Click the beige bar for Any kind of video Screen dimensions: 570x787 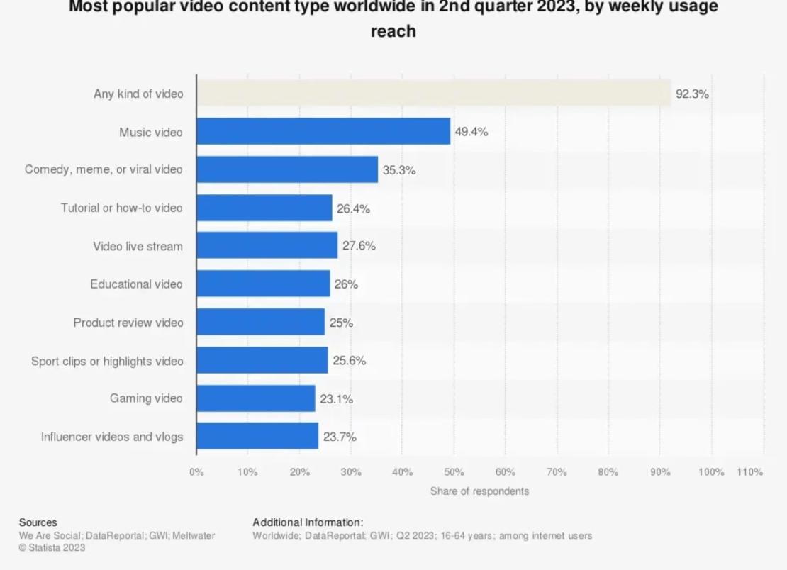[x=433, y=94]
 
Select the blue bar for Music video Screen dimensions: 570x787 [x=323, y=132]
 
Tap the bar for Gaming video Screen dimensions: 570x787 [x=256, y=398]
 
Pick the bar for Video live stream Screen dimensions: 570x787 [x=267, y=246]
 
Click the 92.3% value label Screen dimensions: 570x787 [x=691, y=94]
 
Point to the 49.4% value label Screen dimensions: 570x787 [x=471, y=132]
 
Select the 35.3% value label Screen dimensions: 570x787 [x=398, y=170]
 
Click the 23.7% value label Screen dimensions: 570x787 [x=340, y=437]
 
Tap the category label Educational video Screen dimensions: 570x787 [x=136, y=284]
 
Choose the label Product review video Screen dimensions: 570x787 [x=128, y=323]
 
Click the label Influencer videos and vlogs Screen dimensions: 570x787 [x=111, y=437]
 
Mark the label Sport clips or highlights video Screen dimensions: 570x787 [x=106, y=361]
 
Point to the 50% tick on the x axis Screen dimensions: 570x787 [x=454, y=472]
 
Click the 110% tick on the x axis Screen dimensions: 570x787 [x=749, y=472]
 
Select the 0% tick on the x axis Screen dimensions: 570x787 [x=196, y=472]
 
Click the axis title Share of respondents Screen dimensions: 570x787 [x=479, y=491]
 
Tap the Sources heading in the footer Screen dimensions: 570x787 [x=38, y=522]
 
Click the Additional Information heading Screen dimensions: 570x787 [x=308, y=522]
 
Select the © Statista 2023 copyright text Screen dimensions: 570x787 [x=52, y=547]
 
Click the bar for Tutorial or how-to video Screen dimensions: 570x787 [x=264, y=208]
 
